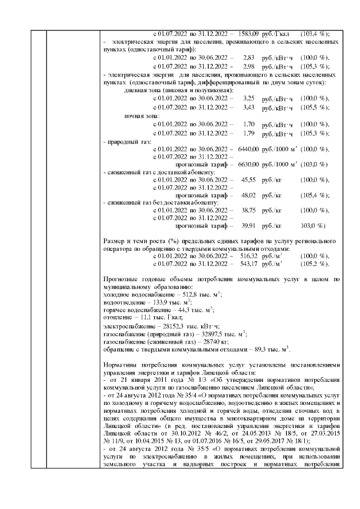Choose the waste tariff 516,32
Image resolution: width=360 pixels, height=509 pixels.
click(x=248, y=256)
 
